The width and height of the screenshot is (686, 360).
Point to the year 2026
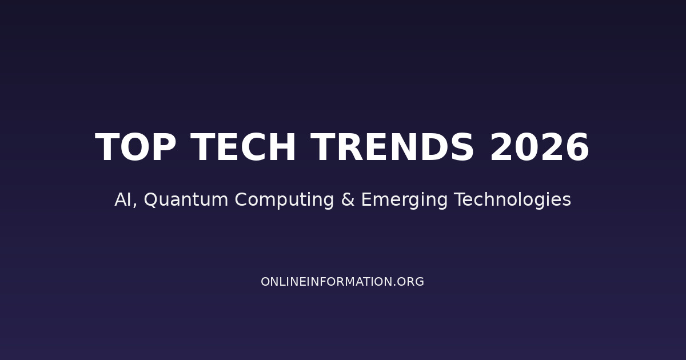click(x=539, y=148)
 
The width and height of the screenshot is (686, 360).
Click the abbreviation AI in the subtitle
click(x=123, y=200)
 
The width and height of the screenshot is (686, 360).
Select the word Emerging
click(x=404, y=200)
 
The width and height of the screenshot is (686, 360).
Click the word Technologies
click(x=512, y=200)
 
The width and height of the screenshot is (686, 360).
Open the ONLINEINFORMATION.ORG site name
click(x=342, y=282)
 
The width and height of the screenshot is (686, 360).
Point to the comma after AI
click(x=135, y=205)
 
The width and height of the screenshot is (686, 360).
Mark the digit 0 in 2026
click(x=527, y=148)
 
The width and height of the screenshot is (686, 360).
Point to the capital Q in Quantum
click(x=151, y=200)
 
